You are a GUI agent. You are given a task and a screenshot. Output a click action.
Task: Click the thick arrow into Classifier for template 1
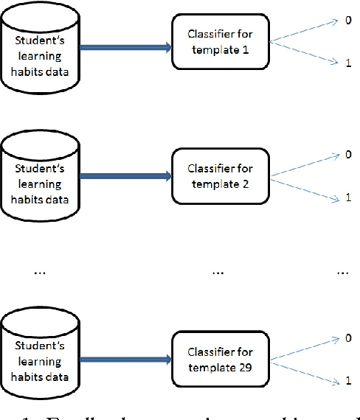tap(125, 47)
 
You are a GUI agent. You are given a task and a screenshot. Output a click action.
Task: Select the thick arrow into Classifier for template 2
tap(125, 177)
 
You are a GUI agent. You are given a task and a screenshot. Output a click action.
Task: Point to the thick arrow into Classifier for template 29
tap(125, 360)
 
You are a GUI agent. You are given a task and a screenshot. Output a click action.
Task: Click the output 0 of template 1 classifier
tap(347, 22)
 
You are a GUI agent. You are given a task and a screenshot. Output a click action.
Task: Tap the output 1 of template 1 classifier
tap(347, 65)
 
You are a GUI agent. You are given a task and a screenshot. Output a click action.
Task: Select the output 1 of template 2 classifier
tap(347, 197)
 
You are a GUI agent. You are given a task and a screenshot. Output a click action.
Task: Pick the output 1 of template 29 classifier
tap(347, 382)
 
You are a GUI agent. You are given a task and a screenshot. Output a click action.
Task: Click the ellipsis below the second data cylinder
tap(40, 273)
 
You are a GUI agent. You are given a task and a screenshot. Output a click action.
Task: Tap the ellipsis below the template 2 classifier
tap(218, 273)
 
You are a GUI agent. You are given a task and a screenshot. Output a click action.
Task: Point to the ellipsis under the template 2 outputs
tap(342, 273)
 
